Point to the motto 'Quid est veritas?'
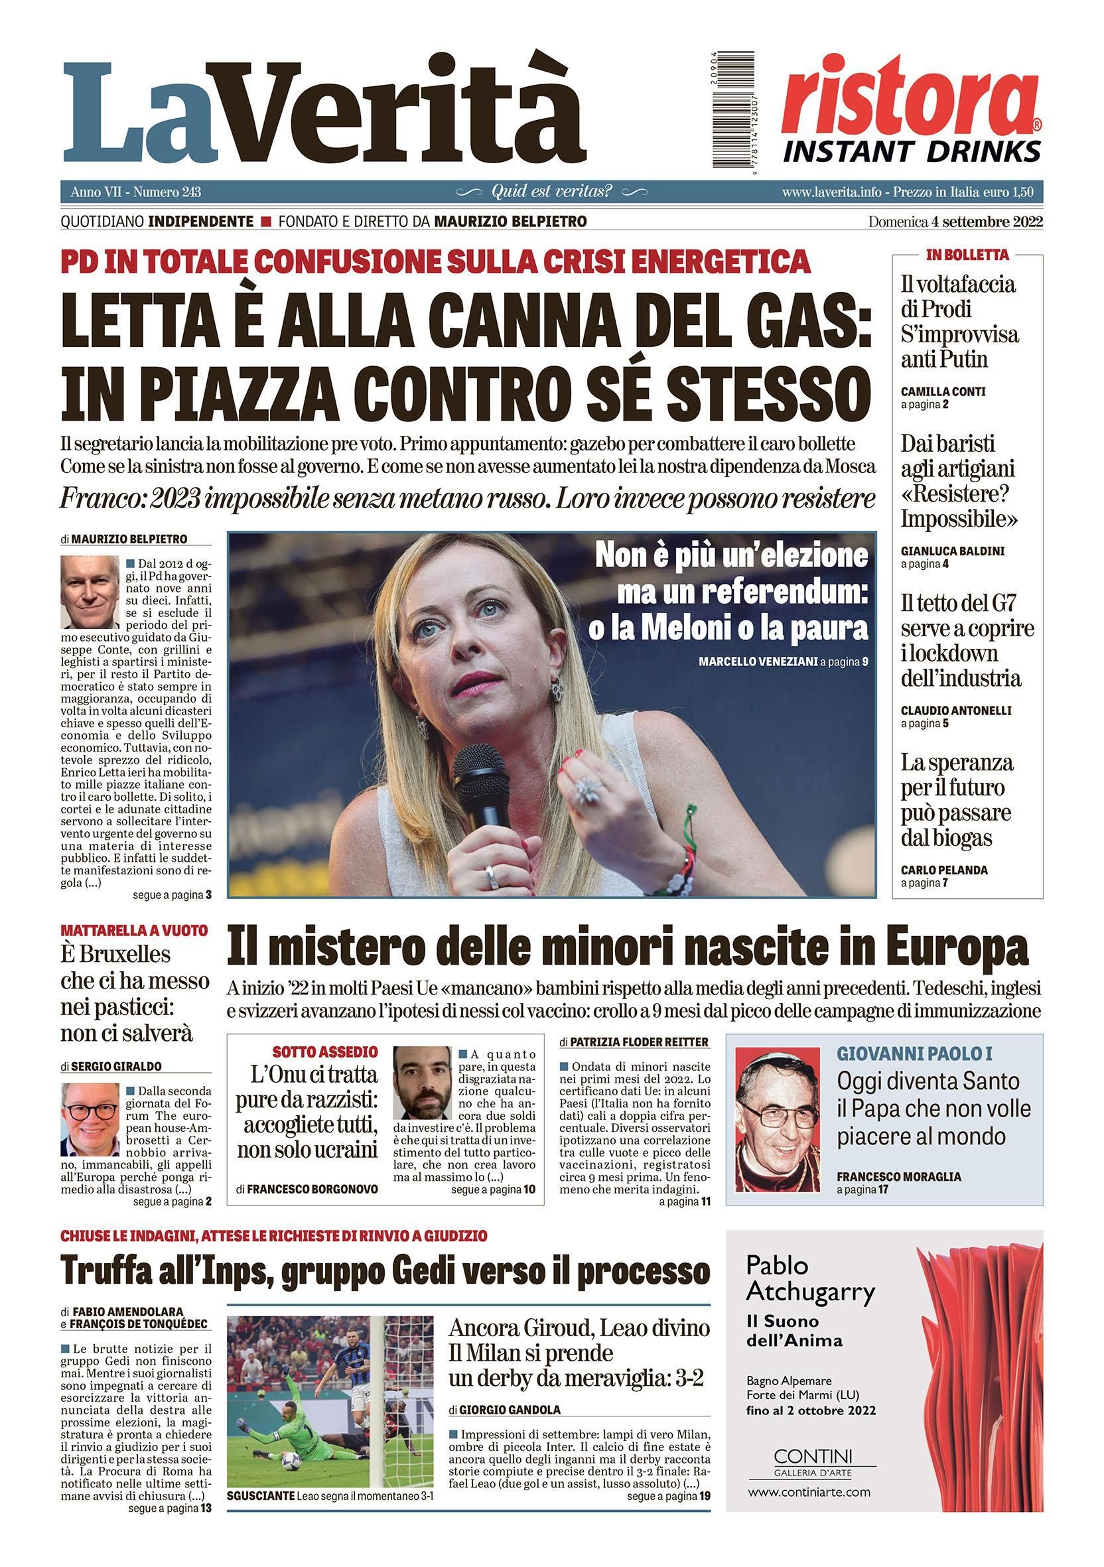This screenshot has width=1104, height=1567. pos(552,192)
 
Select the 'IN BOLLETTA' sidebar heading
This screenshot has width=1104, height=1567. pos(967,255)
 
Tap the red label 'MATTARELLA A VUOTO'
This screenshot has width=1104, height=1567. pos(134,930)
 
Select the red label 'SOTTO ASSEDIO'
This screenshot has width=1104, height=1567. pos(325,1052)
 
